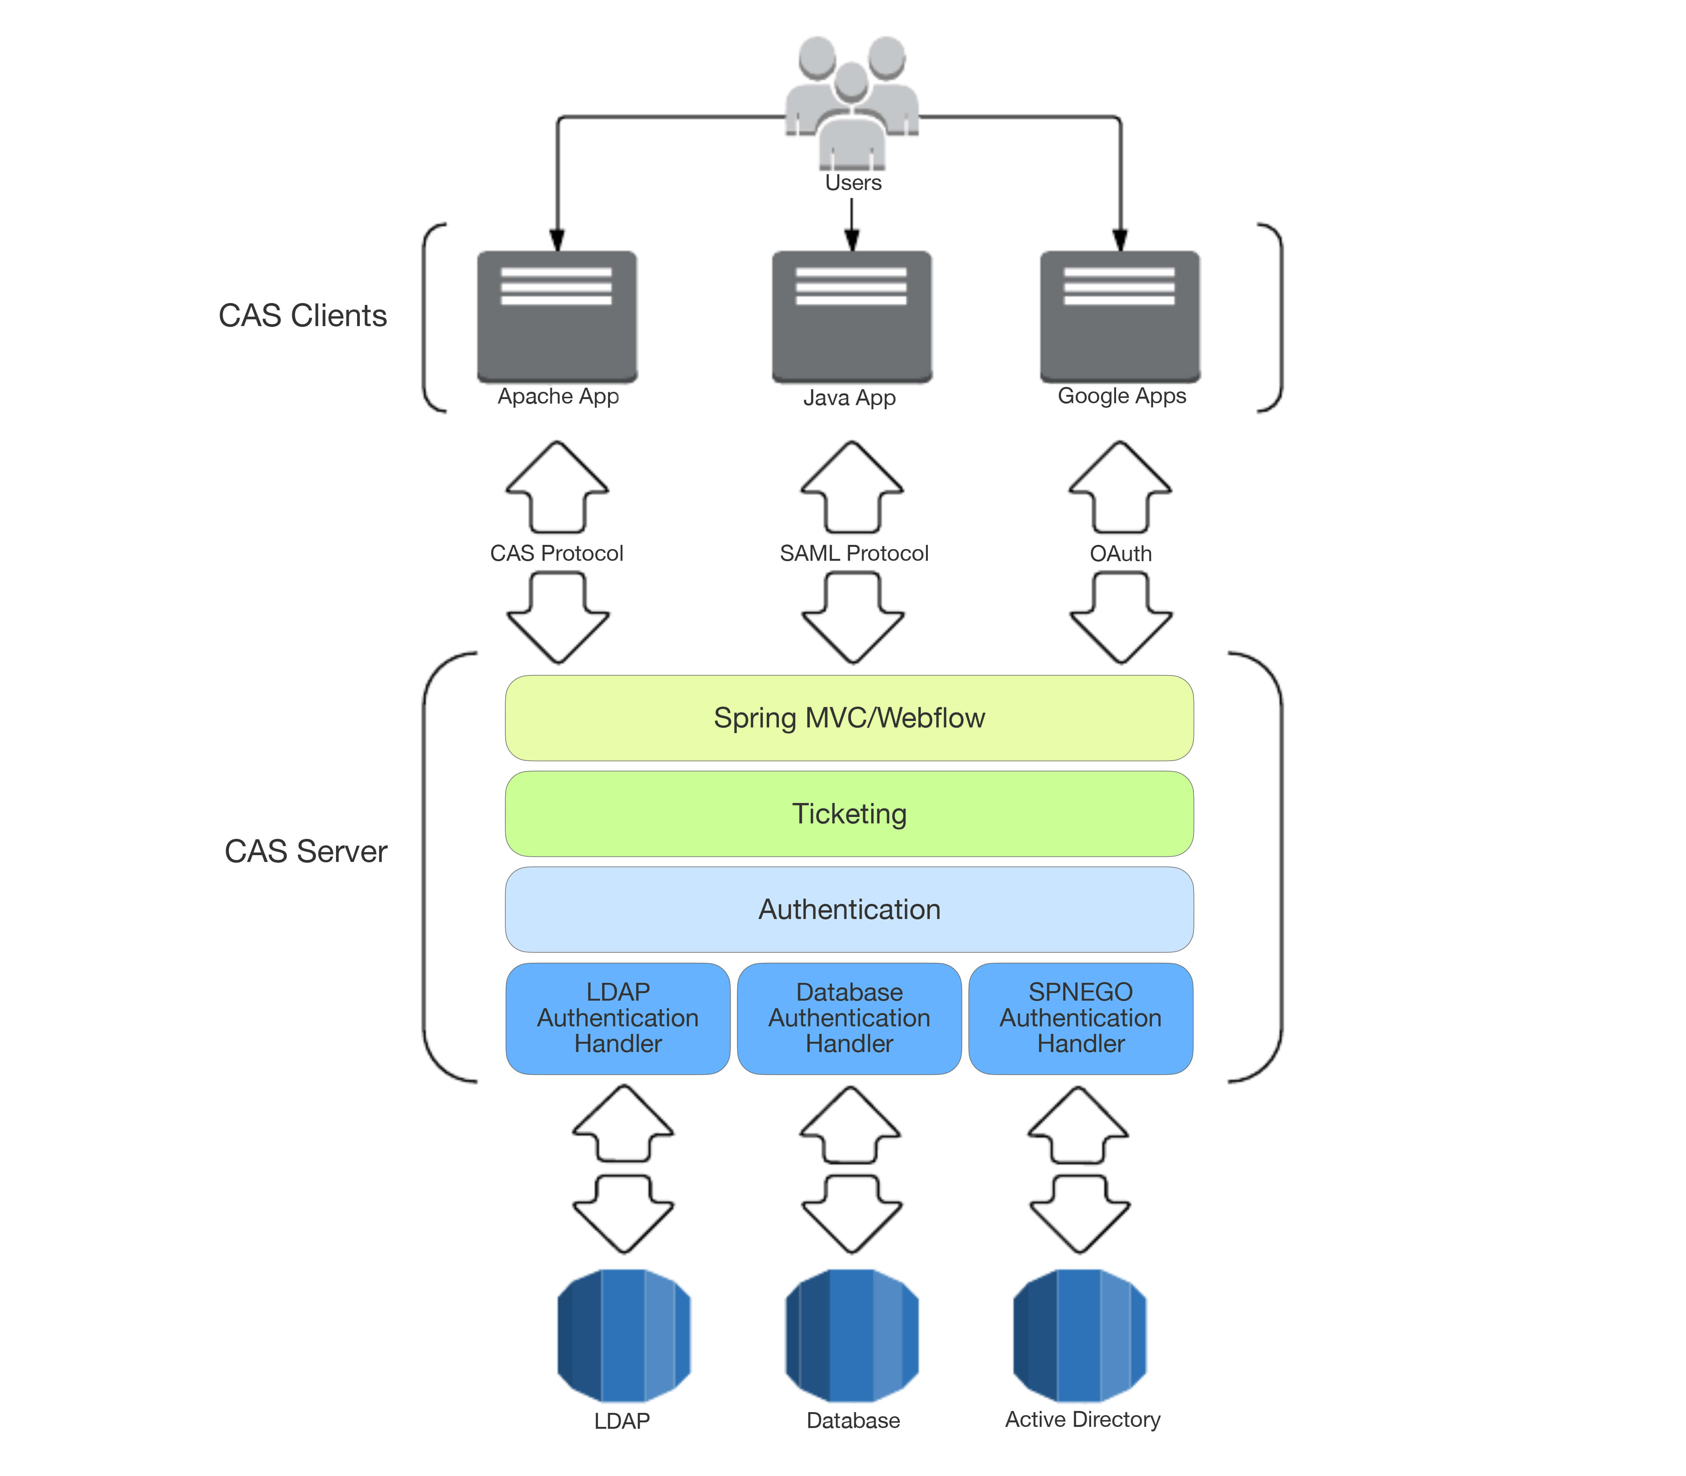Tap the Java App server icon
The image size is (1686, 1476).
(x=852, y=317)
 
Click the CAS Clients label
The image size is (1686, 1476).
(x=302, y=316)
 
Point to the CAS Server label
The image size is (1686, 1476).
(x=306, y=851)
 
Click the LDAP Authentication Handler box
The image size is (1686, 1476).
(x=618, y=1018)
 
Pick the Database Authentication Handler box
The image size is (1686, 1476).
(x=849, y=1018)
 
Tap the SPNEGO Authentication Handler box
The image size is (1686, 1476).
(x=1081, y=1018)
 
